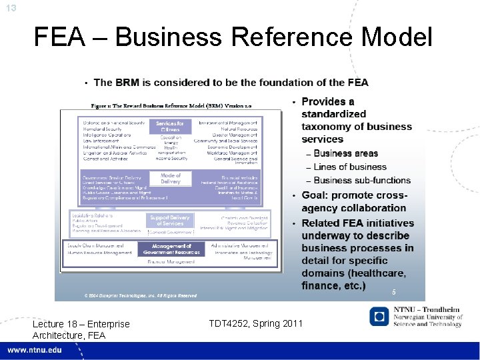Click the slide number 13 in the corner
tap(10, 7)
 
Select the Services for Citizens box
tap(170, 127)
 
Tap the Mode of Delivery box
tap(171, 179)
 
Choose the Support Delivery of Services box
tap(169, 221)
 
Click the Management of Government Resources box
tap(171, 249)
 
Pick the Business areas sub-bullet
tap(345, 154)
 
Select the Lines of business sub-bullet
tap(350, 167)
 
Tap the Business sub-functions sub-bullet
tap(362, 180)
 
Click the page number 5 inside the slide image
tap(394, 292)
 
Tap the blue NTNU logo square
tap(380, 316)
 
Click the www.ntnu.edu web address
tap(35, 350)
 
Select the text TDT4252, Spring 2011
tap(255, 323)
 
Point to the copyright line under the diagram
tap(140, 295)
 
